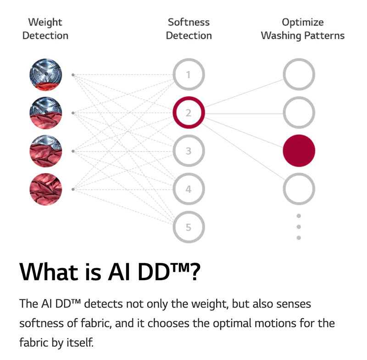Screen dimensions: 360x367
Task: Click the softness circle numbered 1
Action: coord(189,74)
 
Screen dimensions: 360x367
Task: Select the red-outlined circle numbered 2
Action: coord(189,112)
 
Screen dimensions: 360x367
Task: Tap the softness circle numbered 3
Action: coord(189,151)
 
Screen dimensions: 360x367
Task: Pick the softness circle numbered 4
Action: coord(189,189)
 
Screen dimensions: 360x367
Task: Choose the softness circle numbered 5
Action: coord(189,227)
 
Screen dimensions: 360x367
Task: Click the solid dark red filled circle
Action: coord(299,151)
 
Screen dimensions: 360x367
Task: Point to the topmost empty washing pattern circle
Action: coord(299,74)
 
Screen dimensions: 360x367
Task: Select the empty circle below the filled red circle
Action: coord(299,189)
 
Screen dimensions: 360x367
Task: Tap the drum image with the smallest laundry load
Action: coord(45,75)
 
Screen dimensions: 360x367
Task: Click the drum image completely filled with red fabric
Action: coord(45,189)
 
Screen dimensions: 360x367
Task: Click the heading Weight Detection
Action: coord(45,28)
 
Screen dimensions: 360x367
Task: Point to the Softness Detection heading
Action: coord(189,28)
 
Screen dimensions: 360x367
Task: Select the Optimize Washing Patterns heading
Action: coord(302,28)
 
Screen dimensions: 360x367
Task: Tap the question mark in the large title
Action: coord(195,272)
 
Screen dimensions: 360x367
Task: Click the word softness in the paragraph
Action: coord(41,323)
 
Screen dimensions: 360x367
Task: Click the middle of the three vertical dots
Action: coord(299,227)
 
